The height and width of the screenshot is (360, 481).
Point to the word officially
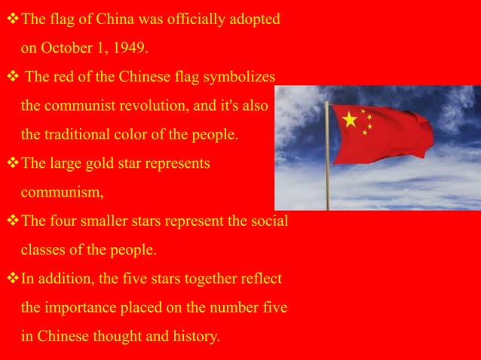pos(195,19)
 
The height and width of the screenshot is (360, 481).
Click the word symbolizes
pos(241,78)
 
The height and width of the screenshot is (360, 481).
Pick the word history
pos(195,337)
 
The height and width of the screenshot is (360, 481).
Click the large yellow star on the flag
pos(349,119)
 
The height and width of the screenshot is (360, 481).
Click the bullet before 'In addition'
pos(11,279)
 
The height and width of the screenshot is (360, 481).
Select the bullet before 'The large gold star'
pos(11,163)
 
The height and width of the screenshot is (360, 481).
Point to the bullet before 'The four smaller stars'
pos(11,221)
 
